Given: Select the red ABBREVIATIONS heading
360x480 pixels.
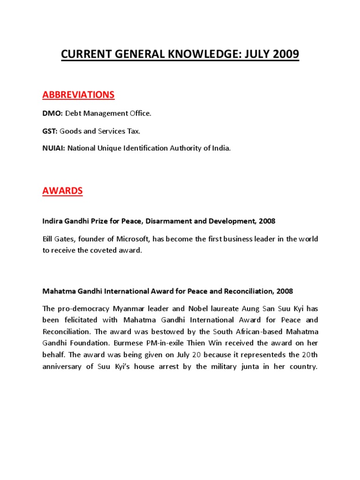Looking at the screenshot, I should point(78,95).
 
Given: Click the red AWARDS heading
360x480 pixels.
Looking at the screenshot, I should point(62,191).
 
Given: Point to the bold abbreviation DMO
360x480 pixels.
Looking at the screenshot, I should point(52,113).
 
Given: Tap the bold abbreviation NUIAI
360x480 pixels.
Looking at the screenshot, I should point(54,148).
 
